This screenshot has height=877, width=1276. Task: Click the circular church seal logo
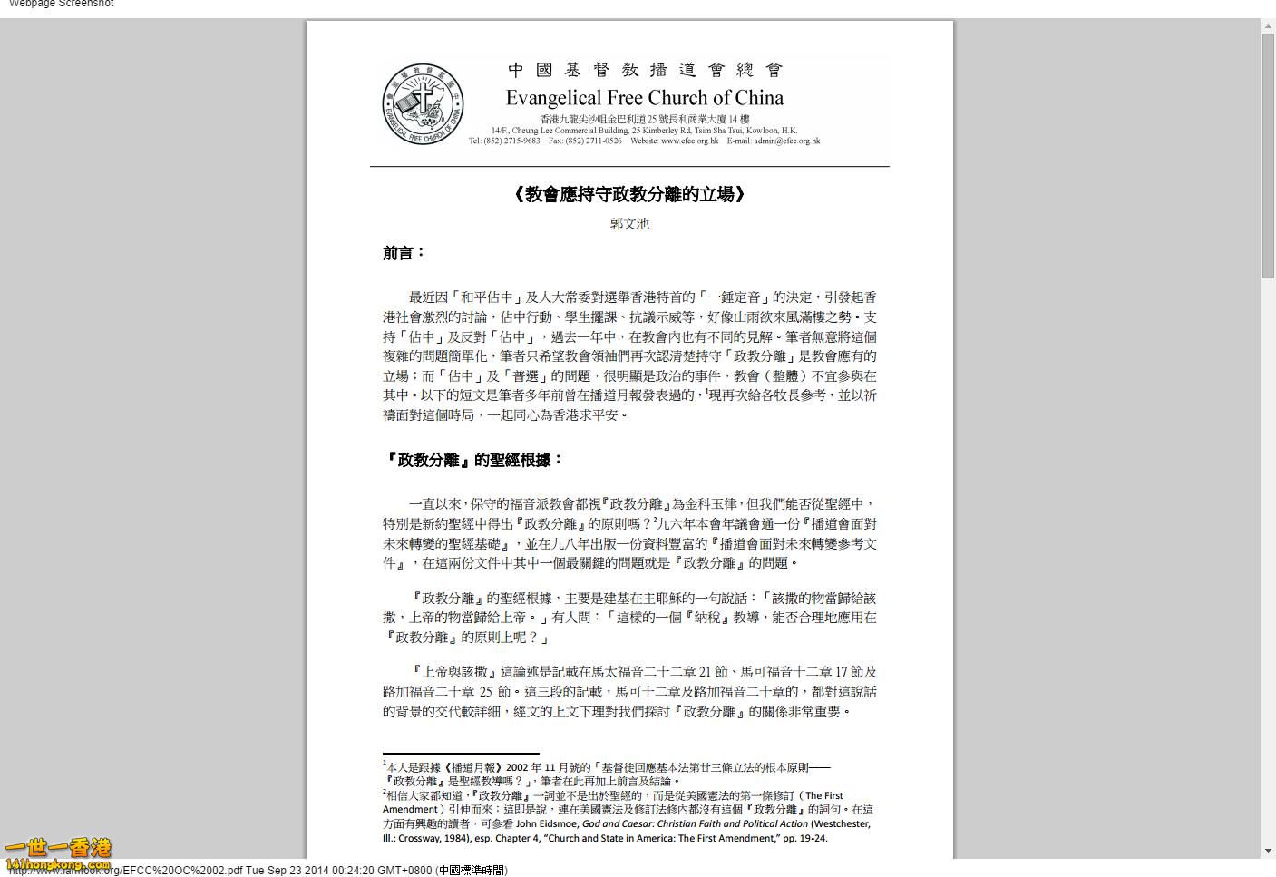coord(423,103)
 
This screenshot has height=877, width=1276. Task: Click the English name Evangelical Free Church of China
coord(644,98)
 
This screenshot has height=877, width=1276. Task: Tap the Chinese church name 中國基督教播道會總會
coord(645,70)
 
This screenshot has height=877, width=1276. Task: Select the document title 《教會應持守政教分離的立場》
coord(629,194)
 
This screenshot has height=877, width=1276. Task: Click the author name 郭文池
coord(629,224)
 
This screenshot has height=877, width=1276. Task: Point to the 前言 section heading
coord(404,253)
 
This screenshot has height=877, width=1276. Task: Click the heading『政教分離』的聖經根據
coord(473,460)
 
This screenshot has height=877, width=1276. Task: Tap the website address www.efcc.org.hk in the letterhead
coord(689,141)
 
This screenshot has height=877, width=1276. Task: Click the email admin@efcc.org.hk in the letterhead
coord(786,141)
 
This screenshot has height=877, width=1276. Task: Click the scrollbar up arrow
coord(1268,26)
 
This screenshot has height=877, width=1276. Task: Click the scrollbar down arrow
coord(1268,851)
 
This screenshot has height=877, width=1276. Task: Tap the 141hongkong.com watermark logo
coord(58,854)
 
